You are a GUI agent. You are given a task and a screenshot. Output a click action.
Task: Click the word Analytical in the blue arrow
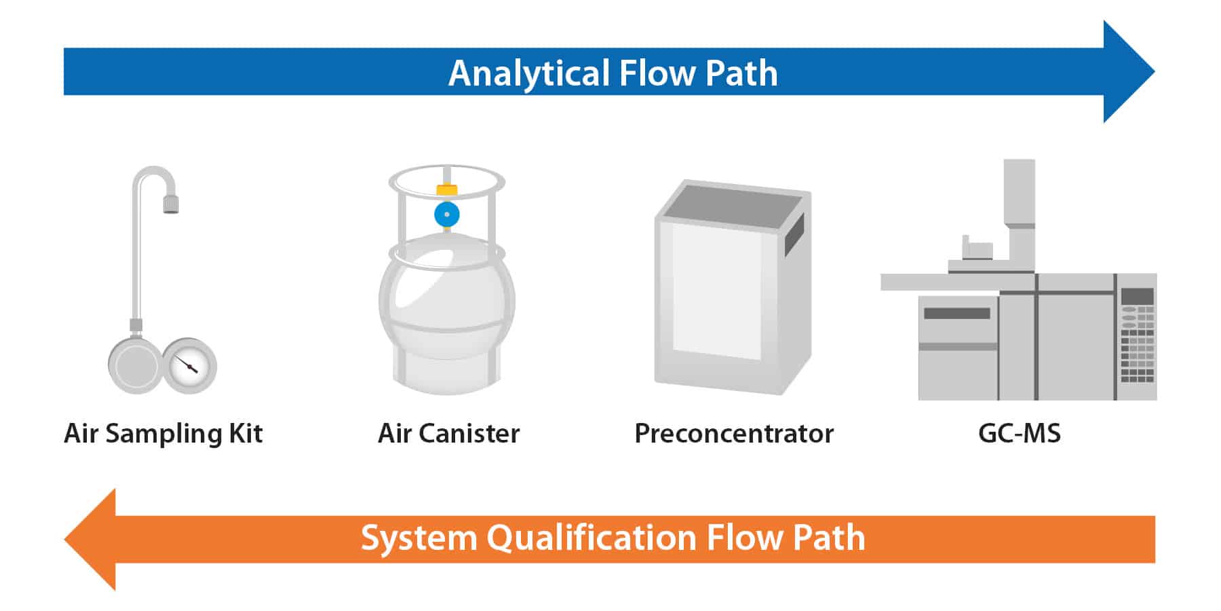point(528,73)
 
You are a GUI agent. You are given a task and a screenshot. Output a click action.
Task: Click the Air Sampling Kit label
point(163,434)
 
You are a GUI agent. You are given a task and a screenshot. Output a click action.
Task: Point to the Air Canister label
point(448,434)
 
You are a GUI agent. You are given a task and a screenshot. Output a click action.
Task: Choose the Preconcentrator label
point(733,434)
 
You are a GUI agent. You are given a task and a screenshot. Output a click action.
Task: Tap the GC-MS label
point(1019,434)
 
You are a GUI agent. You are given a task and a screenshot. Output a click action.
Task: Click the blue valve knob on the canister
point(446,215)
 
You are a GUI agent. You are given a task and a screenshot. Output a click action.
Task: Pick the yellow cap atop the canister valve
point(446,189)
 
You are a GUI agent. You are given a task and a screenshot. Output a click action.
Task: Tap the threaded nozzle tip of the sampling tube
point(171,204)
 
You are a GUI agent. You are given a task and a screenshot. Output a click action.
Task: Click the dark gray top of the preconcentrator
point(733,202)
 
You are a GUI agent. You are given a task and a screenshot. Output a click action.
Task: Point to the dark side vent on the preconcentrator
point(794,234)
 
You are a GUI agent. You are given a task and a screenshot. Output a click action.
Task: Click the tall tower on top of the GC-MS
point(1019,193)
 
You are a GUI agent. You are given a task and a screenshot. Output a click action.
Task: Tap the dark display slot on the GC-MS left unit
point(956,314)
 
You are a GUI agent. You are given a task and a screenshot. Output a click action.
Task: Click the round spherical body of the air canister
point(446,299)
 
